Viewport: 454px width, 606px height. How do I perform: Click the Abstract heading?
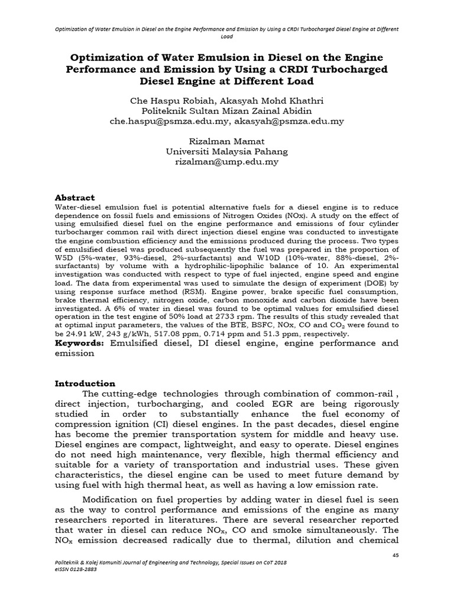(x=74, y=197)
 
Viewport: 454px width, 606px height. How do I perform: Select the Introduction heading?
(x=85, y=383)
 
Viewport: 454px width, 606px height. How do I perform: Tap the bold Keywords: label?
(x=80, y=343)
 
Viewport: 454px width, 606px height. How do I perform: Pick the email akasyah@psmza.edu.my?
(x=289, y=121)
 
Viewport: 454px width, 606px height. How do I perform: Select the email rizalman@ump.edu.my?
(x=227, y=162)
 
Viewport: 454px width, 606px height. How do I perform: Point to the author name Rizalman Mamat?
(x=227, y=141)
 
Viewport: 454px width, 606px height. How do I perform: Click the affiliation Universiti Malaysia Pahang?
(x=227, y=151)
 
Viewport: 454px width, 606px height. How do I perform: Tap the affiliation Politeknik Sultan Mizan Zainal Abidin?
(x=227, y=111)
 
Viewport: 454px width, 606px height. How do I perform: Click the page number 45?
(x=395, y=555)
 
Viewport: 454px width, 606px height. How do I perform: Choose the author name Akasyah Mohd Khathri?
(x=268, y=101)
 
